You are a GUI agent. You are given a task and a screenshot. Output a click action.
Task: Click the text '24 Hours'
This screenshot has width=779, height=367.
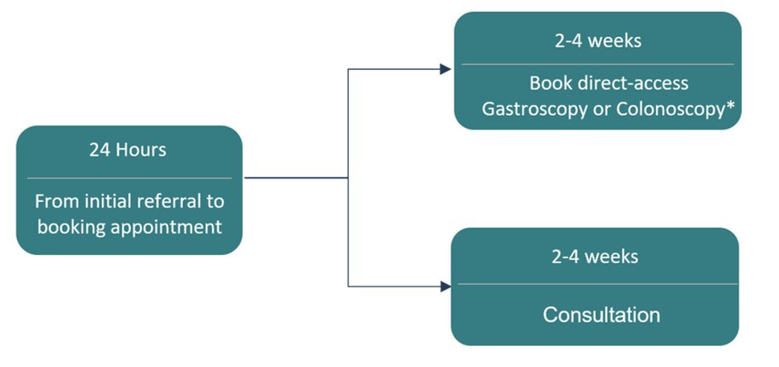click(129, 151)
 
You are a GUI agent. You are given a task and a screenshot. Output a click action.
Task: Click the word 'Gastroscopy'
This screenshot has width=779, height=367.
click(535, 109)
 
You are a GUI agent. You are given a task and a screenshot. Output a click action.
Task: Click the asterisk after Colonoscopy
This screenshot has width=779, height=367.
click(732, 107)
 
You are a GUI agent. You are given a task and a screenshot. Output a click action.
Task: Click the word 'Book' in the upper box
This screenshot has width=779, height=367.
click(548, 83)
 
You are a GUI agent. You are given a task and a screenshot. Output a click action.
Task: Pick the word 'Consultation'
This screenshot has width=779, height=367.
click(601, 314)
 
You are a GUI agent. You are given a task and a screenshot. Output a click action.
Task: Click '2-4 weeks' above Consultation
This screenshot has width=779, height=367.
click(595, 258)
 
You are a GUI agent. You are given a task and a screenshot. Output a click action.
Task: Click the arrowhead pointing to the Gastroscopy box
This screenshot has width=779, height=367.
click(445, 69)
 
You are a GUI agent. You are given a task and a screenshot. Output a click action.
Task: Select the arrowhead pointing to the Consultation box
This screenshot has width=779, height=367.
click(445, 286)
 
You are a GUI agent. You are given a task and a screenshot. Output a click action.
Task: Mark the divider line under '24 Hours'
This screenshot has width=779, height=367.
click(129, 178)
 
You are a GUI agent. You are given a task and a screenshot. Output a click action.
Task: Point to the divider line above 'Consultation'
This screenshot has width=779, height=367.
click(595, 283)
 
